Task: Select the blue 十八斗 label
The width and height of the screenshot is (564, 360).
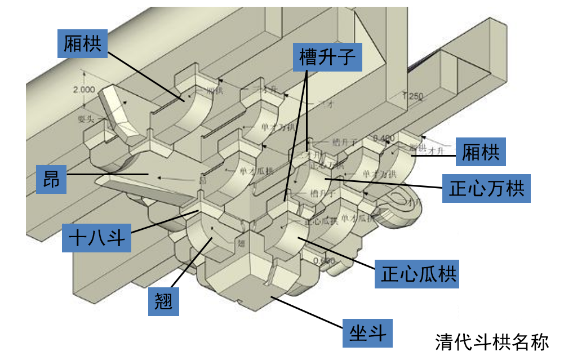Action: point(96,238)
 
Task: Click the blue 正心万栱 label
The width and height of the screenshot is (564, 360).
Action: point(486,188)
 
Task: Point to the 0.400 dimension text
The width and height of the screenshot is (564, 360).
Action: point(385,137)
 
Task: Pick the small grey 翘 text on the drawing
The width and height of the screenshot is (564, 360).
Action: point(241,243)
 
